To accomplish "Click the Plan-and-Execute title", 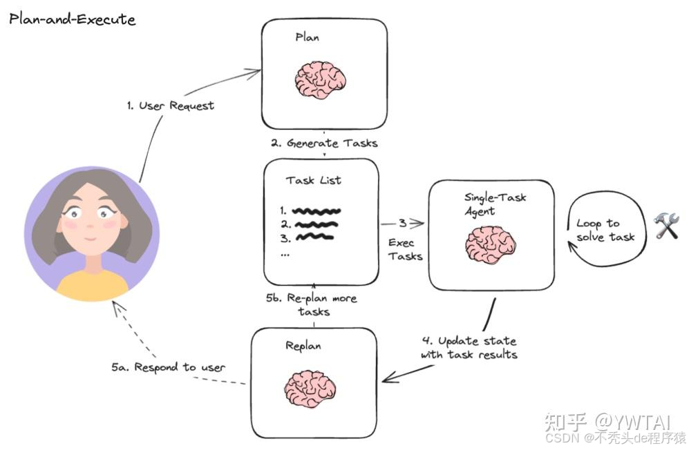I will pos(72,19).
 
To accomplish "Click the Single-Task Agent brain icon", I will pos(491,246).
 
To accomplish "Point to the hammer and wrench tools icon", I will pos(666,226).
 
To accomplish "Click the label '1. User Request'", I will pos(171,106).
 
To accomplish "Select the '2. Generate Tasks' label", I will pos(323,144).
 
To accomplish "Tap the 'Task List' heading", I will pos(314,180).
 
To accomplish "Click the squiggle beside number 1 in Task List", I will pos(316,210).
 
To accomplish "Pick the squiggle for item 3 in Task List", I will pos(314,237).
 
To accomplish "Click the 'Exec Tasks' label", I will pos(404,249).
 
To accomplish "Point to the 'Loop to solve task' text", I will pos(605,230).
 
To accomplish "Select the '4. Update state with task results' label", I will pos(469,348).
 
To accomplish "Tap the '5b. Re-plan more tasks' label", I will pos(313,304).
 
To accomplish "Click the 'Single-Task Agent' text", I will pos(495,204).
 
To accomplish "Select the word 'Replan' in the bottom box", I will pos(303,345).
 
